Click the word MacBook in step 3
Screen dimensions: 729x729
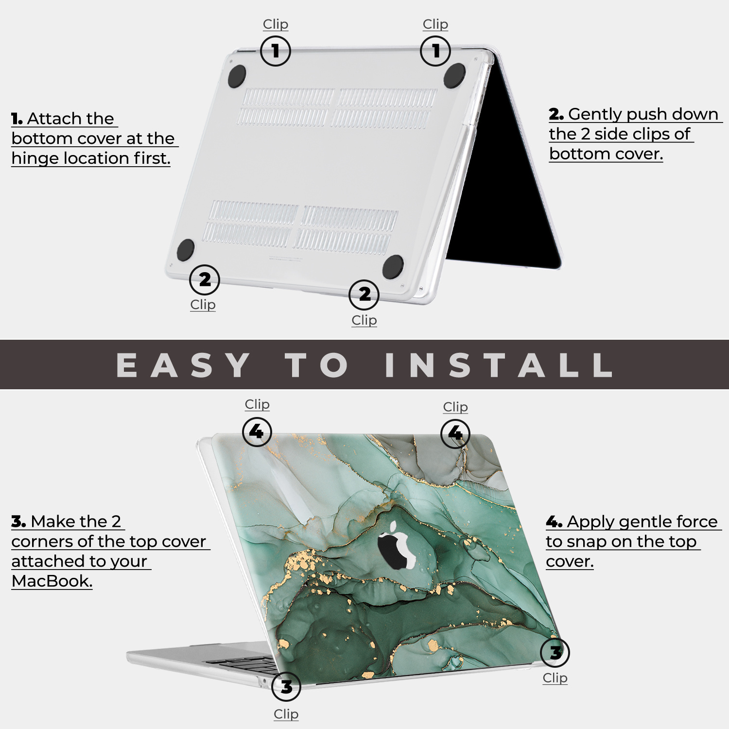tap(52, 581)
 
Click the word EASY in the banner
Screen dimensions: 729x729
tap(184, 365)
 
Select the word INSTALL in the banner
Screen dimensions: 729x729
tap(499, 365)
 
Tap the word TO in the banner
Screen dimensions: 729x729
tap(317, 365)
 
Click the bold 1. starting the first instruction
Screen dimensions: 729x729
tap(17, 119)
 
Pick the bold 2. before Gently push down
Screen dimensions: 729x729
tap(556, 114)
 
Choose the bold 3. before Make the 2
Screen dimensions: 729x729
tap(18, 522)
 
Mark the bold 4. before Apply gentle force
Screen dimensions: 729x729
tap(554, 522)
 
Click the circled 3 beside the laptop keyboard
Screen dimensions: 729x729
tap(286, 687)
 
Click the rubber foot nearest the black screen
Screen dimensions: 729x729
tap(454, 75)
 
